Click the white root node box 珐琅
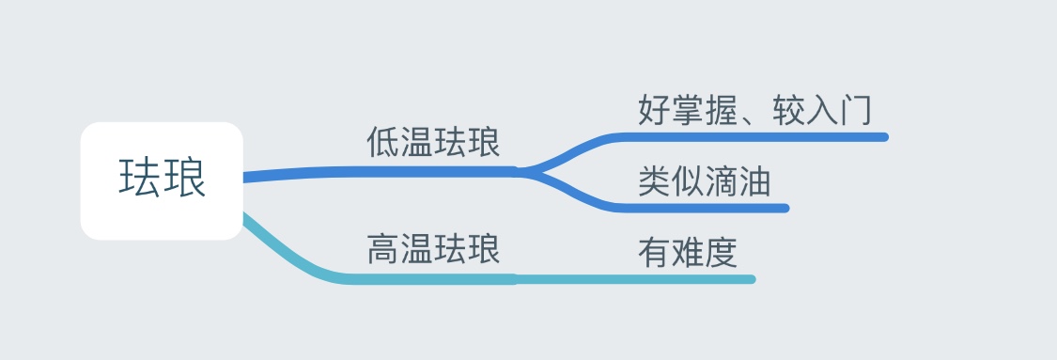pyautogui.click(x=162, y=180)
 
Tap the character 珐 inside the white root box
pyautogui.click(x=139, y=179)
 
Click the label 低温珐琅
pyautogui.click(x=433, y=143)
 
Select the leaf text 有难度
pyautogui.click(x=687, y=252)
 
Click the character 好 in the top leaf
pyautogui.click(x=654, y=110)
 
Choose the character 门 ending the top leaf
pyautogui.click(x=855, y=110)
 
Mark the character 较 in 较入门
pyautogui.click(x=789, y=110)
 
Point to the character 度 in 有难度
pyautogui.click(x=721, y=252)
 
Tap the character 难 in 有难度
pyautogui.click(x=687, y=252)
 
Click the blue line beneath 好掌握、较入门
pyautogui.click(x=752, y=137)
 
